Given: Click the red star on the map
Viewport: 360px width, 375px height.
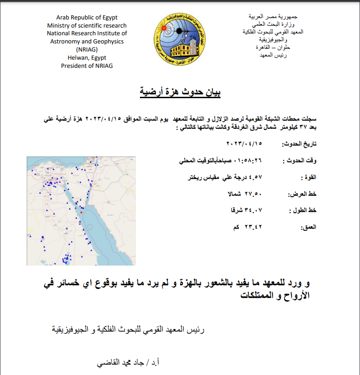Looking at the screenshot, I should (82, 212).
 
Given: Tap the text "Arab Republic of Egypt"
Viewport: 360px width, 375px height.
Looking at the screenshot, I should (87, 18).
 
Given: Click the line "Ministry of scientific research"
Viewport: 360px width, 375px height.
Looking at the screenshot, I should (87, 26).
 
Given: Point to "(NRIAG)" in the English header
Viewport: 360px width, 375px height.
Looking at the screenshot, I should (87, 50).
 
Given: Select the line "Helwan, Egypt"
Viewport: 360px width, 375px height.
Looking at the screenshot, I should (87, 58).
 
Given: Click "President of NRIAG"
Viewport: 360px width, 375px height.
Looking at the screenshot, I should (87, 66).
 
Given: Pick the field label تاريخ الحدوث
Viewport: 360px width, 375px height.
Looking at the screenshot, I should (299, 144).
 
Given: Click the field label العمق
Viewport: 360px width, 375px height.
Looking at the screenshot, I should (308, 227).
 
